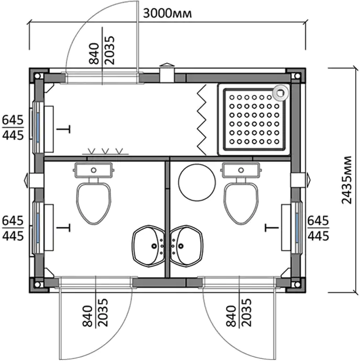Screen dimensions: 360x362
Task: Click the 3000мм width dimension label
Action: pyautogui.click(x=167, y=14)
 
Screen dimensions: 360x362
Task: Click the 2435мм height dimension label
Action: pyautogui.click(x=346, y=180)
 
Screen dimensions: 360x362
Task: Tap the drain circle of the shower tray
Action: pyautogui.click(x=280, y=93)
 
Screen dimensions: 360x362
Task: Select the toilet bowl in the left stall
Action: pyautogui.click(x=94, y=203)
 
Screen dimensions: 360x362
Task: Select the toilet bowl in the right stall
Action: pyautogui.click(x=241, y=203)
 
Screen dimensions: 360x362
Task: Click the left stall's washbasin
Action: pyautogui.click(x=149, y=246)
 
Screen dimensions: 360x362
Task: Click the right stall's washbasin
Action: pyautogui.click(x=187, y=246)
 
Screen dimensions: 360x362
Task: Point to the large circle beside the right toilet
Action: pyautogui.click(x=197, y=183)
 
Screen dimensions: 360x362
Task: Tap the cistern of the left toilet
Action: pyautogui.click(x=94, y=170)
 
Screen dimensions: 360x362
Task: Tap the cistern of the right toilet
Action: pyautogui.click(x=241, y=170)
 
